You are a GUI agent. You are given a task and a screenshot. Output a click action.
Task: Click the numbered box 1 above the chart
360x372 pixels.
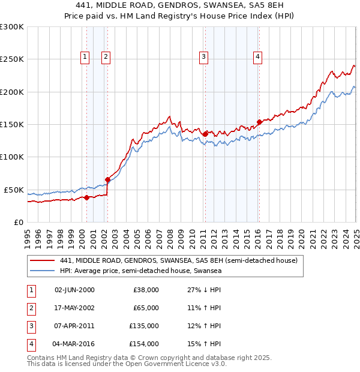tap(84, 57)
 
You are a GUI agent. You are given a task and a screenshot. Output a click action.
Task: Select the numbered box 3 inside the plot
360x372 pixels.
tap(204, 57)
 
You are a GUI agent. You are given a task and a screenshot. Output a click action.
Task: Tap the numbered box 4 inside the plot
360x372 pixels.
tap(257, 57)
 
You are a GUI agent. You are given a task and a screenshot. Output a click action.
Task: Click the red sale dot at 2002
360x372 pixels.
tap(108, 179)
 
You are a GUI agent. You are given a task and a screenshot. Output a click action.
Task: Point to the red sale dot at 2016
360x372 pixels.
tap(259, 122)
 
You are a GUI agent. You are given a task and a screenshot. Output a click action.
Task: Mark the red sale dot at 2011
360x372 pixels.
tap(205, 134)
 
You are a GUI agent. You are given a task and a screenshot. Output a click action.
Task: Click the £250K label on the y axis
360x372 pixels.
tap(11, 59)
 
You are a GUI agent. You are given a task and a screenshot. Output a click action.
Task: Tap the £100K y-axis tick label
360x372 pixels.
tap(11, 157)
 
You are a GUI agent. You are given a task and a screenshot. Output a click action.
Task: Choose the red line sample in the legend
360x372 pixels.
tap(43, 260)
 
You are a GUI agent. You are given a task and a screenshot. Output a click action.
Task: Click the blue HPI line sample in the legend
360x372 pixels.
tap(43, 271)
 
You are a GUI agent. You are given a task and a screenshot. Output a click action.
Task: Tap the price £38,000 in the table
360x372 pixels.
tap(146, 290)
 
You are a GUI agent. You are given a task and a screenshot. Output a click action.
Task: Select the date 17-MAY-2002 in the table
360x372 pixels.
tap(74, 308)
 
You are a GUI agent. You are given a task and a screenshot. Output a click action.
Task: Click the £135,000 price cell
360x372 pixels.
tap(144, 326)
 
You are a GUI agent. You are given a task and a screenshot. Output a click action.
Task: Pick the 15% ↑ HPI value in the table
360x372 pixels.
tap(204, 344)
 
